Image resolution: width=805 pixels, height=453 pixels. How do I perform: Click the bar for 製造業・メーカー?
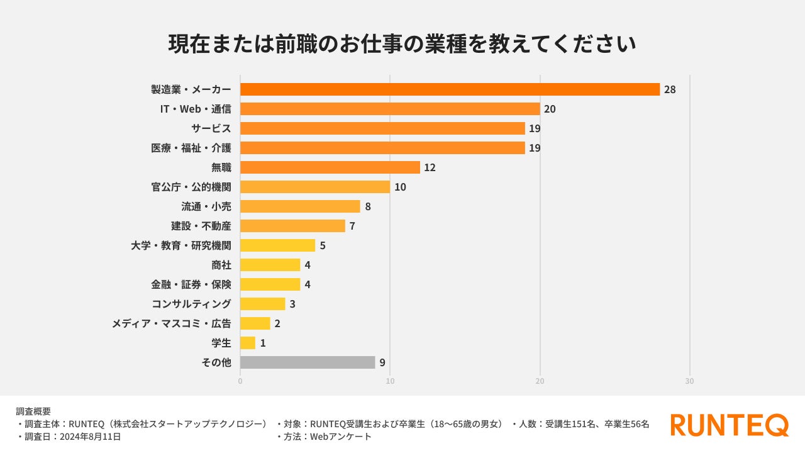coord(450,89)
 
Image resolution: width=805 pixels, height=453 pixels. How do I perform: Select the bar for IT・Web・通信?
coord(390,109)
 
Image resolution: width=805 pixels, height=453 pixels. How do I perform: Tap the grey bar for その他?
coord(308,362)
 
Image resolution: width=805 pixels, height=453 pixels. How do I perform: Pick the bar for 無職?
coord(330,167)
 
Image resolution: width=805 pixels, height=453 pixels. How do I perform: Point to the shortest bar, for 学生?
coord(248,343)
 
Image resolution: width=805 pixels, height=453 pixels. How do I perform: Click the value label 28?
coord(670,89)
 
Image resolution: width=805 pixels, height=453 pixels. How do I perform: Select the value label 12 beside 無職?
coord(430,167)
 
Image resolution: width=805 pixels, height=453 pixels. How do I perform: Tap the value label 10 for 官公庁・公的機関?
coord(400,187)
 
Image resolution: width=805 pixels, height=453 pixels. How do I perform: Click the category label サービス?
coord(211,128)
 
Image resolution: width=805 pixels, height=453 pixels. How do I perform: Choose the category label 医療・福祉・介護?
coord(191,148)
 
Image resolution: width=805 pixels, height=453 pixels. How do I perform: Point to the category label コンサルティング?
coord(191,304)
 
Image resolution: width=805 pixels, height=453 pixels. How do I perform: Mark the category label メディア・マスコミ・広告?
coord(171,323)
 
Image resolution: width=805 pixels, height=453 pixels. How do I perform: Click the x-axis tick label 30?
coord(689,381)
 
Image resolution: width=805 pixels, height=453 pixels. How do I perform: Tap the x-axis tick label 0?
coord(240,381)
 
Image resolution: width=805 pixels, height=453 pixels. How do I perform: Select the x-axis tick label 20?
coord(540,381)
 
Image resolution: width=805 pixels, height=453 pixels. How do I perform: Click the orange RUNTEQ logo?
coord(730,425)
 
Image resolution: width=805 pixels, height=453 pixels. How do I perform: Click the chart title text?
coord(402,44)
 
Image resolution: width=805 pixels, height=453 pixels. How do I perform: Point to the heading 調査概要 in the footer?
coord(33,411)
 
